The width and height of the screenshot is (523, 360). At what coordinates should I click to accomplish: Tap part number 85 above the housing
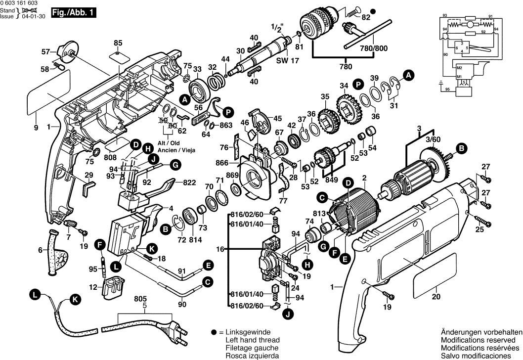pos(118,43)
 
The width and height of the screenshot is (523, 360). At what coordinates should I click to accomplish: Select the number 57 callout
pos(46,51)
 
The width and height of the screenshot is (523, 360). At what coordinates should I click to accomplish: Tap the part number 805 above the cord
pos(141,299)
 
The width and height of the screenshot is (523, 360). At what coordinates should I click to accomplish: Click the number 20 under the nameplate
pos(435,297)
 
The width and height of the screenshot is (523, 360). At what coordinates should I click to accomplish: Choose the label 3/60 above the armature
pos(433,139)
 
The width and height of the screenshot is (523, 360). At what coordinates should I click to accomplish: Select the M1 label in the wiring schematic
pos(459,77)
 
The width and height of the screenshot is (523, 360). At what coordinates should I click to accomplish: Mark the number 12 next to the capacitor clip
pos(93,287)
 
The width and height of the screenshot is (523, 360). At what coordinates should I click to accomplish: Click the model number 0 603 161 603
pos(22,3)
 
